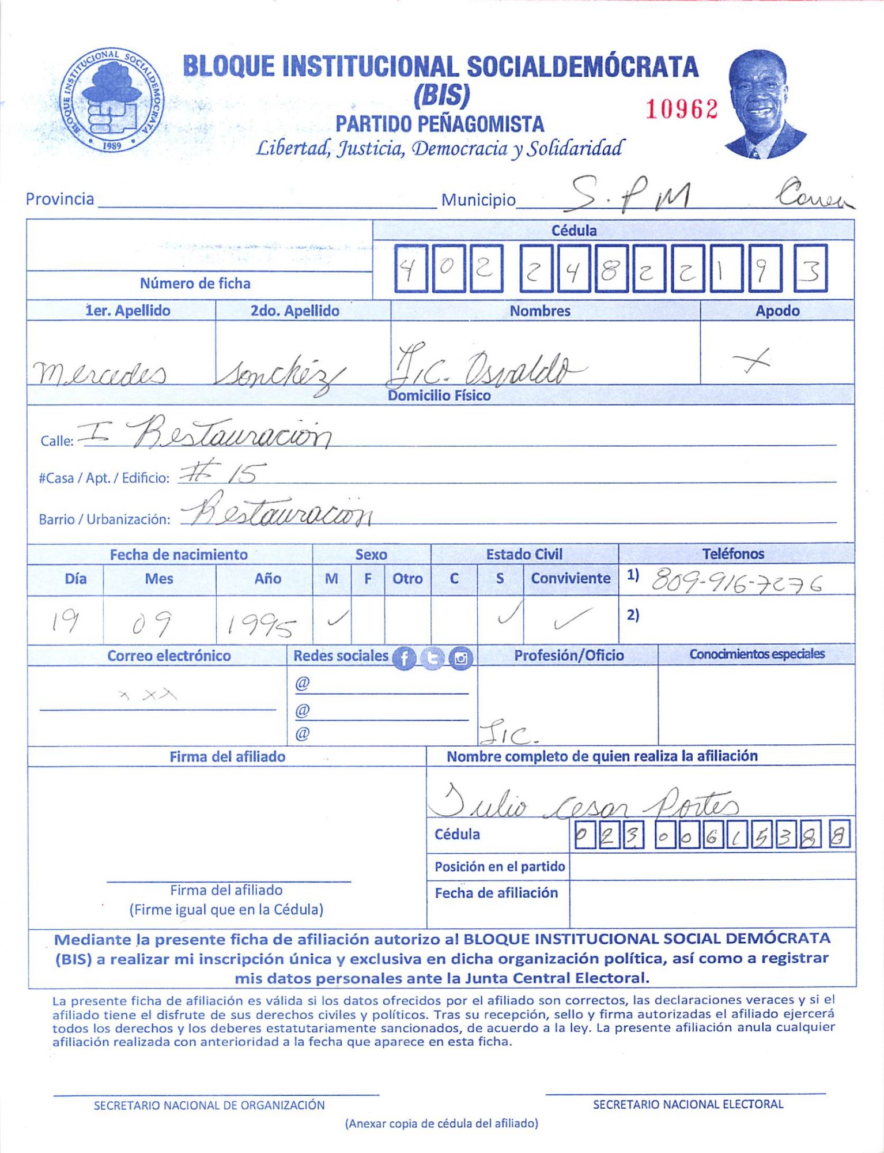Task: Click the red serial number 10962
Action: [x=681, y=109]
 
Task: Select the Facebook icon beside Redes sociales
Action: [x=404, y=658]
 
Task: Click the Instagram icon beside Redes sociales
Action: [x=460, y=658]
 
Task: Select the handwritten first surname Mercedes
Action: [x=100, y=373]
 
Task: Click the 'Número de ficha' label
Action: [x=195, y=284]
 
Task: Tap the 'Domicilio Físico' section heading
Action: [x=439, y=395]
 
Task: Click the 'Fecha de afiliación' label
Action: [x=496, y=893]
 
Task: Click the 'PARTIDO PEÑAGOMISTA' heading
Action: [x=440, y=124]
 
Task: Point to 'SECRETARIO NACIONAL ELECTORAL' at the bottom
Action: [x=688, y=1104]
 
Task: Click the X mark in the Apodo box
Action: [x=752, y=361]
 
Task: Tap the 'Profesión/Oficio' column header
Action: [x=569, y=655]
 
